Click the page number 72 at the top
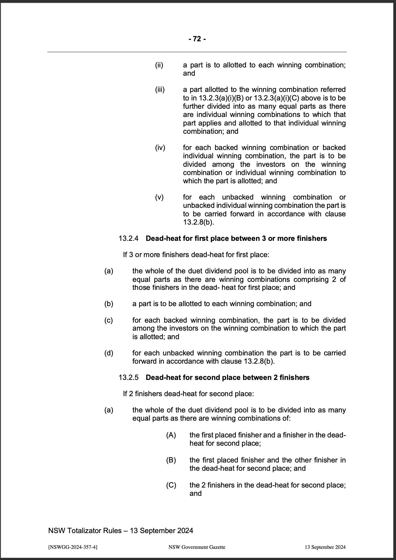pyautogui.click(x=197, y=39)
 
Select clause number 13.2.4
pyautogui.click(x=128, y=238)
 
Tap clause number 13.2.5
pyautogui.click(x=128, y=378)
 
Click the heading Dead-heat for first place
pyautogui.click(x=236, y=238)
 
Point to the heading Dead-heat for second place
pyautogui.click(x=228, y=378)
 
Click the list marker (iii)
pyautogui.click(x=160, y=90)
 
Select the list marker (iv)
pyautogui.click(x=160, y=148)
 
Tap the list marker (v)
pyautogui.click(x=159, y=197)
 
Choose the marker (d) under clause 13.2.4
pyautogui.click(x=109, y=353)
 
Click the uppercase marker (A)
pyautogui.click(x=171, y=435)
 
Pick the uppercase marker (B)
pyautogui.click(x=171, y=460)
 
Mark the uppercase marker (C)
pyautogui.click(x=171, y=485)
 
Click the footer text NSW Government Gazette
pyautogui.click(x=197, y=547)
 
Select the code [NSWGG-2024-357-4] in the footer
pyautogui.click(x=73, y=547)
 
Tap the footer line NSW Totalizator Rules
pyautogui.click(x=120, y=531)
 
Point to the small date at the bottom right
pyautogui.click(x=325, y=547)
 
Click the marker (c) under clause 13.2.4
pyautogui.click(x=108, y=320)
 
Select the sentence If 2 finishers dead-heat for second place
pyautogui.click(x=188, y=394)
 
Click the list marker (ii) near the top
pyautogui.click(x=159, y=65)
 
